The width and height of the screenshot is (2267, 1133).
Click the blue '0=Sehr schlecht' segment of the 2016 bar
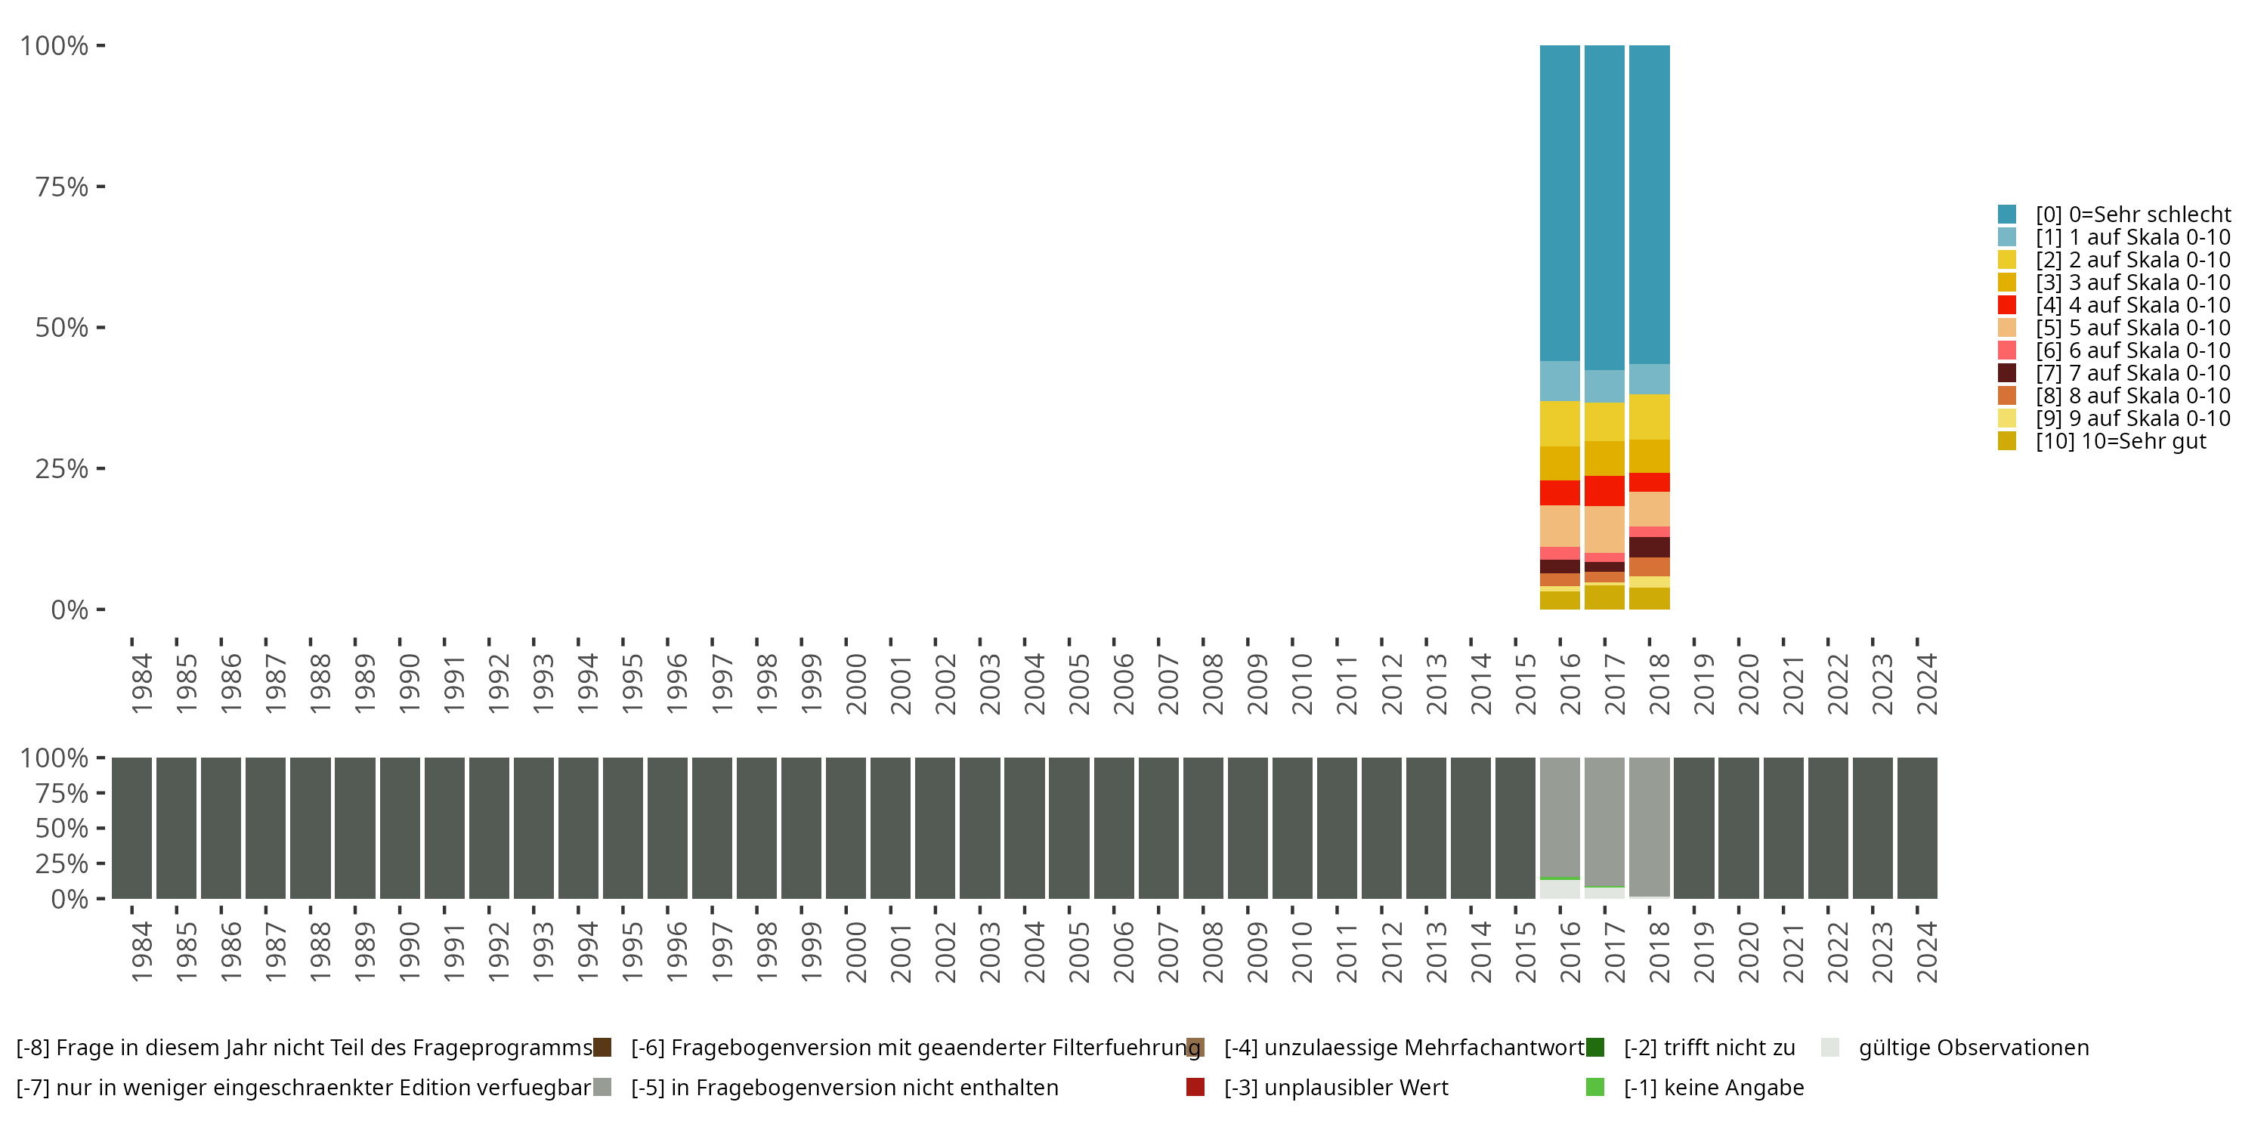pos(1560,202)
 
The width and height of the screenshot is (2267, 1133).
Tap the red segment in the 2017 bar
pos(1604,491)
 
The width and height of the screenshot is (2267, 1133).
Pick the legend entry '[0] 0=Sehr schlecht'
pos(2132,215)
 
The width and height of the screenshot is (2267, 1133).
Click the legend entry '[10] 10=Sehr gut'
pos(2120,442)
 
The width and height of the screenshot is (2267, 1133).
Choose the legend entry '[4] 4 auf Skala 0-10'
pos(2132,305)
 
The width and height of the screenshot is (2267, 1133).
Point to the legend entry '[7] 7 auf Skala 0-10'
pos(2132,373)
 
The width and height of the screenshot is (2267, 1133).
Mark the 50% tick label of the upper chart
pos(62,327)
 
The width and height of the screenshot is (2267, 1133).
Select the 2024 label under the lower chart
pos(1926,952)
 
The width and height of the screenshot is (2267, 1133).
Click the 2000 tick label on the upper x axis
pos(855,684)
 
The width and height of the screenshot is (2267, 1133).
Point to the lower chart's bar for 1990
pos(400,828)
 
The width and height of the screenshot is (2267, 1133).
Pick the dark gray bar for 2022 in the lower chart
pos(1828,828)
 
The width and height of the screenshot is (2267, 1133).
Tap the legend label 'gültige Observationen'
pos(1972,1048)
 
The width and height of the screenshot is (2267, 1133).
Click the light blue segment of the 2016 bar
pos(1560,381)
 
